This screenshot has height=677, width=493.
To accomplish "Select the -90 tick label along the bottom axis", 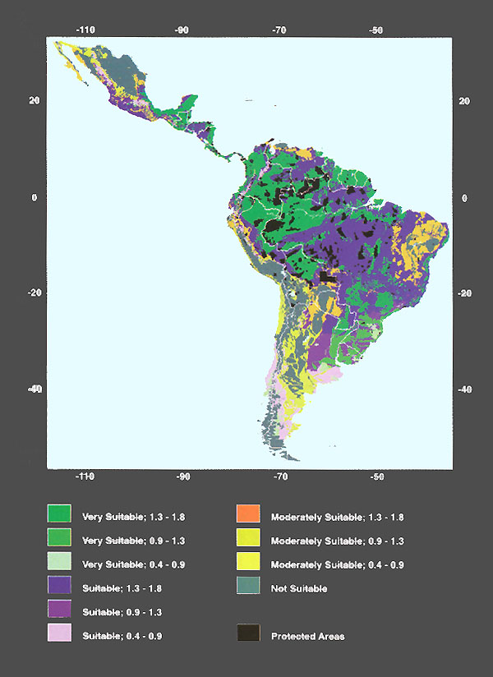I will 182,476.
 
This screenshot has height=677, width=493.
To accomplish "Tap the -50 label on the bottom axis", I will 376,476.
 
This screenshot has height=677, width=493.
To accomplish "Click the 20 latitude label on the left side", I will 34,101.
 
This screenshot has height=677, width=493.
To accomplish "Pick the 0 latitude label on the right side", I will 464,198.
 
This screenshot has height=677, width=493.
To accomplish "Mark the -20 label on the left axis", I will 32,294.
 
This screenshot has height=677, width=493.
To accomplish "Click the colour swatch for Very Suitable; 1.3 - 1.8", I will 59,516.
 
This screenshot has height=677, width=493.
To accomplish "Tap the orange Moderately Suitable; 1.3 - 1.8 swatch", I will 248,516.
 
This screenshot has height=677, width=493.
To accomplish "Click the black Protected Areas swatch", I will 248,635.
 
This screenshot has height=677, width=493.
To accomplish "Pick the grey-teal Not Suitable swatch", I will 248,587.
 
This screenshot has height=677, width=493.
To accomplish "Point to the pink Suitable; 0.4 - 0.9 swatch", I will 59,635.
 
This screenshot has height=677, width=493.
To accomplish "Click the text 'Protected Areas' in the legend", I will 308,637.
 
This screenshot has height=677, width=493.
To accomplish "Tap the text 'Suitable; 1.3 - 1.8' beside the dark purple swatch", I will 122,589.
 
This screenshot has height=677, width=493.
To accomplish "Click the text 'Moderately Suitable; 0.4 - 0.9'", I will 337,565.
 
